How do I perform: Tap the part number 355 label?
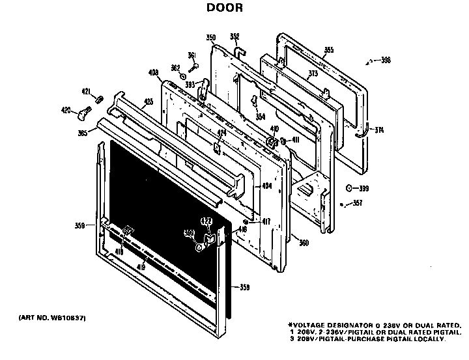[x=328, y=50]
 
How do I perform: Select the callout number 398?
[x=385, y=61]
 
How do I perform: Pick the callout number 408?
[x=154, y=72]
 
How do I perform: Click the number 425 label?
[x=149, y=102]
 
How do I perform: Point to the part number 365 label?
[x=83, y=133]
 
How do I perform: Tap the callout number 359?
[x=79, y=227]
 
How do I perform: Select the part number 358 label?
[x=244, y=287]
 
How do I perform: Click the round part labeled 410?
[x=269, y=143]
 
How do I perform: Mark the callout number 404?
[x=266, y=186]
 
